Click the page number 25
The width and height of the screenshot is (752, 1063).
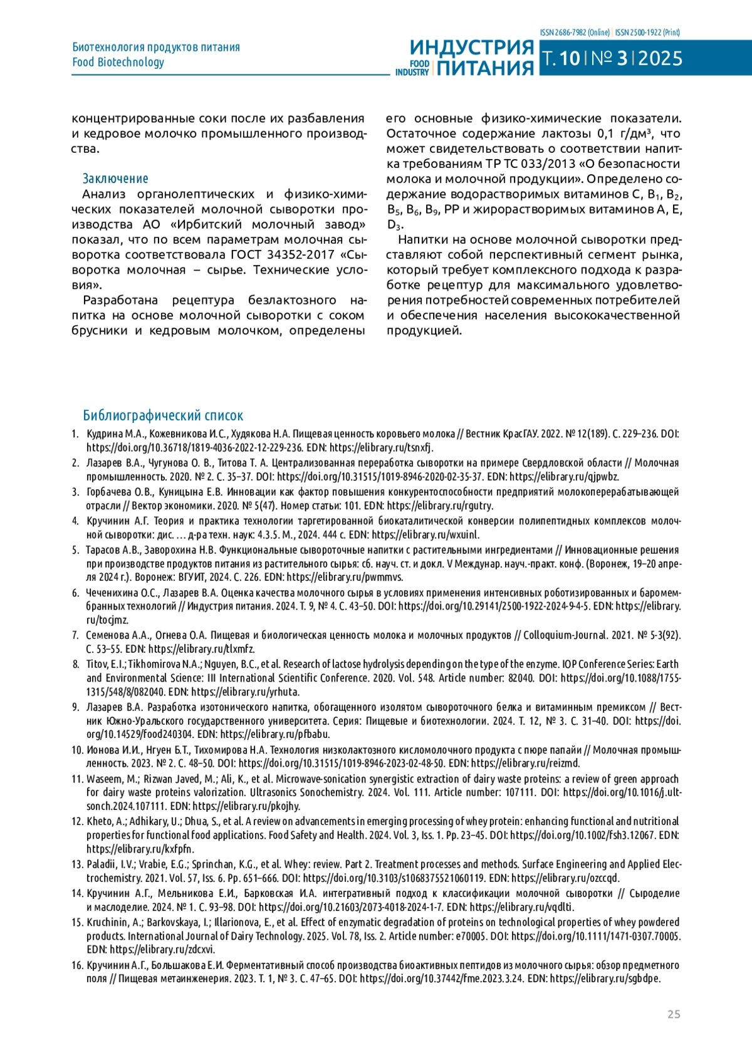pos(674,1014)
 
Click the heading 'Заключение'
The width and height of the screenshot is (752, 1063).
pos(115,179)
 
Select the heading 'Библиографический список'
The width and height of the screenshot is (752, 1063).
pos(163,415)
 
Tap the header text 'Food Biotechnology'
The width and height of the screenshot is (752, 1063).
pos(118,62)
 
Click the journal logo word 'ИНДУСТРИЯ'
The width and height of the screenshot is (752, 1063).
pos(472,48)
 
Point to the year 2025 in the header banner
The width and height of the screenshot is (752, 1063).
pos(660,59)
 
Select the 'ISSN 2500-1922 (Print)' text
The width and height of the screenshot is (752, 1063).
pos(647,33)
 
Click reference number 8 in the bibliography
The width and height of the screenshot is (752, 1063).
pos(76,664)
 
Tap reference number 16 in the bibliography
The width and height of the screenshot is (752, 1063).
pos(77,965)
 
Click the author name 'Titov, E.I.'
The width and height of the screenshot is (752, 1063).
pos(106,664)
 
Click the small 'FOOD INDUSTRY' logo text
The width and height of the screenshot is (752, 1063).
pos(412,68)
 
